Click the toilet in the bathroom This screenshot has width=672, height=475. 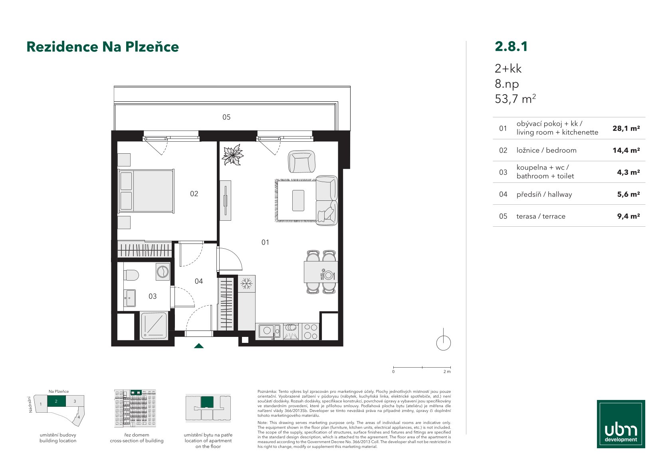click(131, 275)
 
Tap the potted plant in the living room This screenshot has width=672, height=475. click(232, 155)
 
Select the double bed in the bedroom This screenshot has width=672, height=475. click(147, 191)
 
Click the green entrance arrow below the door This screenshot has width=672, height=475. click(198, 346)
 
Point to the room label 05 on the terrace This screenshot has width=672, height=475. click(226, 117)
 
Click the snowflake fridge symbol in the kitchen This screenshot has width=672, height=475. click(247, 283)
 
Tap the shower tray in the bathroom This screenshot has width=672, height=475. click(154, 326)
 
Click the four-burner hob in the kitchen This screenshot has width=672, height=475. click(311, 331)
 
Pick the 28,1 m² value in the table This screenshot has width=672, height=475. click(626, 129)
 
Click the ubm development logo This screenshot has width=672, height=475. click(621, 424)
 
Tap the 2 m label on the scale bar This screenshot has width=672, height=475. click(447, 372)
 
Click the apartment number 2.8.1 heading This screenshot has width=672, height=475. click(511, 46)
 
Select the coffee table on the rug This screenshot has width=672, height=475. click(298, 200)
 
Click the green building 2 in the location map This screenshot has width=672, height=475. click(56, 401)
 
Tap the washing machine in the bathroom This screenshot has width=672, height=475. click(163, 272)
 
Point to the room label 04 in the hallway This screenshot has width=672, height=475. click(198, 281)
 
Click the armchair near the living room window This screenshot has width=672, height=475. click(301, 162)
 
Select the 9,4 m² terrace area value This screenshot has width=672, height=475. click(628, 216)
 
